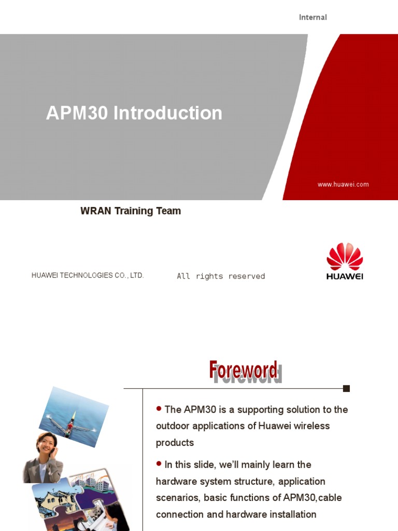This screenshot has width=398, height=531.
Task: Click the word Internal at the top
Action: tap(312, 17)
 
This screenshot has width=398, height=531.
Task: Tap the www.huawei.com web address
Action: tap(343, 184)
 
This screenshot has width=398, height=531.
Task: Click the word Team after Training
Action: tap(169, 211)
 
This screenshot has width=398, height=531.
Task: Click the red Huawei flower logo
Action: tap(345, 257)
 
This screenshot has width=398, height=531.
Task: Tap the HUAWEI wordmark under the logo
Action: tap(345, 276)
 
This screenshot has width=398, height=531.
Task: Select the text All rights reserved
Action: tap(221, 276)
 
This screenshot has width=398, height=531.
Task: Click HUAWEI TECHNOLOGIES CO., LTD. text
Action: tap(88, 275)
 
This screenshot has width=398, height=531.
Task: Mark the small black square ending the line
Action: tap(347, 388)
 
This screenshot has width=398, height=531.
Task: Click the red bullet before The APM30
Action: tap(159, 409)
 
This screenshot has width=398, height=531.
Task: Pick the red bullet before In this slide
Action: tap(159, 464)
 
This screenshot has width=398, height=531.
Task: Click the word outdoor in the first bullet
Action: tap(173, 426)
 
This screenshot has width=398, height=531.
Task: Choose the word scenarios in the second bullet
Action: tap(178, 498)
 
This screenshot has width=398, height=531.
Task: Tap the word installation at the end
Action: tap(292, 514)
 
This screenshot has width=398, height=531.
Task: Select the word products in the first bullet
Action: tap(175, 443)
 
